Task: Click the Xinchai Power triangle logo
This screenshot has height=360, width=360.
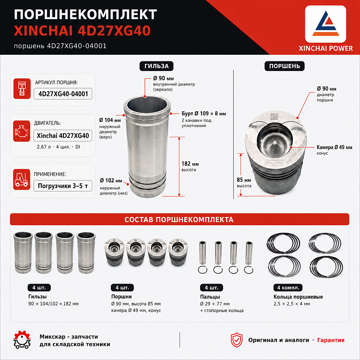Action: click(x=325, y=24)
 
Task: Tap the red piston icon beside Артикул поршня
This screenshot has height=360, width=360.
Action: click(x=22, y=89)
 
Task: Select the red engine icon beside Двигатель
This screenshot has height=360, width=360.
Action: click(x=22, y=131)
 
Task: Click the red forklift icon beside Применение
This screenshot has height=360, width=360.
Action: click(x=22, y=180)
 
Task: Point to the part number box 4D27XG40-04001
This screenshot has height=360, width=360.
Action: click(x=63, y=94)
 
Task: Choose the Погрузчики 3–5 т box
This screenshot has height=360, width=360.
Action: click(x=63, y=186)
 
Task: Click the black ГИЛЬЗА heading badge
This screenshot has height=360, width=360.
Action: click(x=156, y=66)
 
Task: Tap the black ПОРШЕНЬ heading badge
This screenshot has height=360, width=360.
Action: click(x=285, y=66)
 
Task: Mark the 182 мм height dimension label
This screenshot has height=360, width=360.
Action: click(x=190, y=164)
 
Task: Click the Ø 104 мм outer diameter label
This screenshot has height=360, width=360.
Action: click(x=110, y=120)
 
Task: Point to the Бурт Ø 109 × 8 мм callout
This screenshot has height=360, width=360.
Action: click(x=204, y=114)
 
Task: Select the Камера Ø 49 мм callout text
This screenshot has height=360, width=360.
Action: click(x=334, y=147)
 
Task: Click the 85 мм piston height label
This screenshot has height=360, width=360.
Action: click(x=244, y=180)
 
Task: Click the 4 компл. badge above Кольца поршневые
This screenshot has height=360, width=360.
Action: click(x=288, y=288)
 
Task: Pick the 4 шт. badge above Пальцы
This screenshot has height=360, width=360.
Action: click(x=212, y=288)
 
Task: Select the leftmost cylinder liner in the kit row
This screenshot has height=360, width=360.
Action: click(x=23, y=252)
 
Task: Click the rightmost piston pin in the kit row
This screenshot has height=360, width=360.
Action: click(x=249, y=253)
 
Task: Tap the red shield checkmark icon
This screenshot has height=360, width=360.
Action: click(x=237, y=340)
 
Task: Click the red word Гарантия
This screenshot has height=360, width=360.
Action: click(x=331, y=340)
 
